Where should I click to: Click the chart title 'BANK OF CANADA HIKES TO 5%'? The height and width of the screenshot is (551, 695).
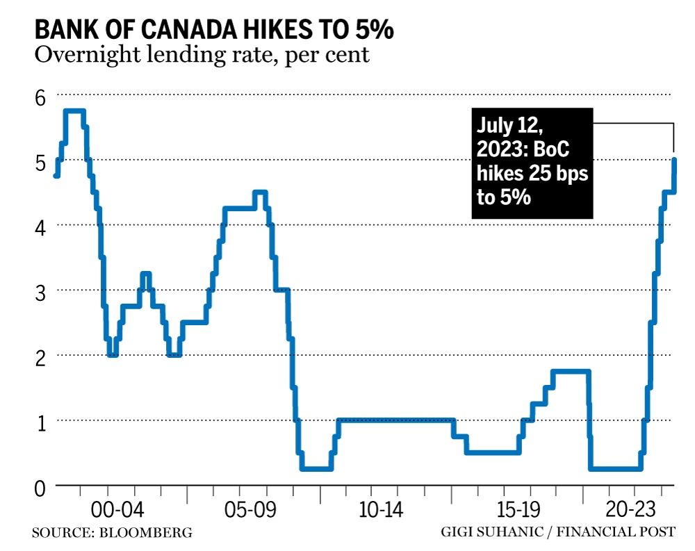click(x=214, y=30)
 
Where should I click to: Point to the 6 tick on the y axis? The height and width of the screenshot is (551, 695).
click(x=40, y=97)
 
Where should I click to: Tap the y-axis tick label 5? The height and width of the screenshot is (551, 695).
click(x=40, y=163)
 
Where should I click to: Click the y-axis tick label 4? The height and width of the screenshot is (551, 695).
click(x=40, y=227)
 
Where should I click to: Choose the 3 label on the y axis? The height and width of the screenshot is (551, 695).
click(x=40, y=293)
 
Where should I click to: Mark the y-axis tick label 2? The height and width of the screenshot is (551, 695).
click(x=40, y=358)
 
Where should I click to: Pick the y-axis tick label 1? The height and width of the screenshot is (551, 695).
click(x=40, y=422)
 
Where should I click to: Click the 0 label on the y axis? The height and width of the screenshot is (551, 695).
click(x=40, y=488)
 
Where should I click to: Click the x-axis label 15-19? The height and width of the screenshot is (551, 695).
click(x=516, y=511)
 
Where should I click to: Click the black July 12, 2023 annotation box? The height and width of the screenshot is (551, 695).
click(x=532, y=163)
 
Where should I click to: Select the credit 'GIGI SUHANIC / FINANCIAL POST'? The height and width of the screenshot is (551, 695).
click(x=557, y=533)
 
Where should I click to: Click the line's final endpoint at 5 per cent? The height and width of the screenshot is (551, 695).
click(x=673, y=160)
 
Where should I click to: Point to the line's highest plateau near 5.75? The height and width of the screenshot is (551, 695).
click(x=74, y=111)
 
